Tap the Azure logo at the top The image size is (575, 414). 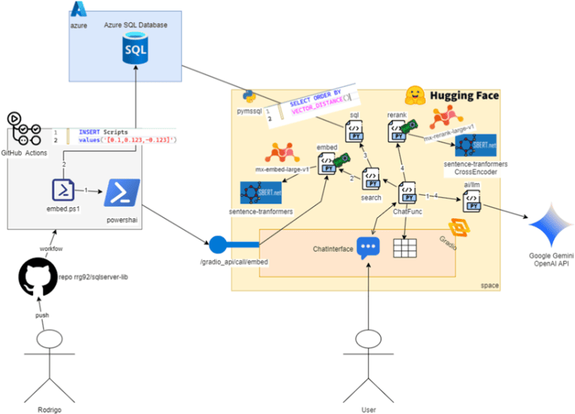78,10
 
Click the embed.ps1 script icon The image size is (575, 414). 64,190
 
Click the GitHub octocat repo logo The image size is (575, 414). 37,280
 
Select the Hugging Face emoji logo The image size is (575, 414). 416,96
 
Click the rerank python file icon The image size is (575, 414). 397,132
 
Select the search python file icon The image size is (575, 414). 371,179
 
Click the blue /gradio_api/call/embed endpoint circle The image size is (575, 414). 218,244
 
